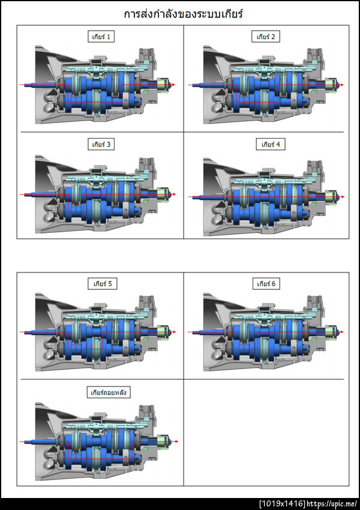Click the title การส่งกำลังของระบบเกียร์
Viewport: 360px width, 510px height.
184,14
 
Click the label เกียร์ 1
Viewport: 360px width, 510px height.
101,37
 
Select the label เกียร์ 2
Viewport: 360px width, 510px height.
266,37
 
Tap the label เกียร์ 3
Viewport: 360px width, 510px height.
101,144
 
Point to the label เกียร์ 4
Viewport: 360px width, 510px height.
271,144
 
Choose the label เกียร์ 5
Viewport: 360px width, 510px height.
103,284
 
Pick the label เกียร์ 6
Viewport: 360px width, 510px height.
266,284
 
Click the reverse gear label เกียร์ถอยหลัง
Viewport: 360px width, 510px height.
109,392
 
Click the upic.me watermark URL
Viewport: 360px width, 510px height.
332,504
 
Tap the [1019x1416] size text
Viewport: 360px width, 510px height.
282,504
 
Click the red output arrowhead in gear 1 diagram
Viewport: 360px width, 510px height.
173,85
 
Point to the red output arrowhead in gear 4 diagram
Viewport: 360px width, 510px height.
342,197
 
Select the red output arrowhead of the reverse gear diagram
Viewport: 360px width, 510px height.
176,442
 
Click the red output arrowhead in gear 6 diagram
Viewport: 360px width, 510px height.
342,332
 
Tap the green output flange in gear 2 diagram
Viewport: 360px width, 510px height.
331,85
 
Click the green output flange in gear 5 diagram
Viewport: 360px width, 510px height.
163,332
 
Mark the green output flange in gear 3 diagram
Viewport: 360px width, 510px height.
163,194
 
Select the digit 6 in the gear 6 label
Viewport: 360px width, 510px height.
273,284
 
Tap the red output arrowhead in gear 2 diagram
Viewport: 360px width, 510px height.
342,85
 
